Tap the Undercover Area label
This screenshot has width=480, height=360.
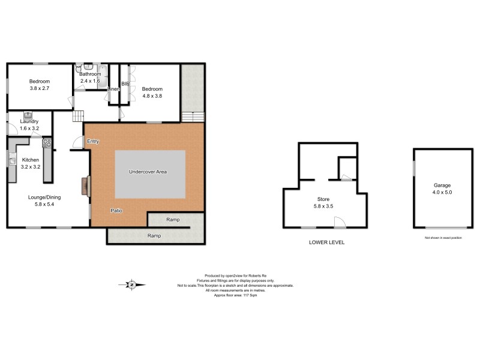148,172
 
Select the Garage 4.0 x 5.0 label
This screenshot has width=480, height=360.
442,189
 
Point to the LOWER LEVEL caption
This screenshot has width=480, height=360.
326,242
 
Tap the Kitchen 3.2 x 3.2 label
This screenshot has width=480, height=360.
31,163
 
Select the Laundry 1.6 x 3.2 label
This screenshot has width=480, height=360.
29,125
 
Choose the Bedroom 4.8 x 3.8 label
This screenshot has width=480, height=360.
152,92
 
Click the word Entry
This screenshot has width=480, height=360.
93,142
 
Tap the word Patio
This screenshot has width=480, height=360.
117,211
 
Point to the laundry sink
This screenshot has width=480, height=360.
28,114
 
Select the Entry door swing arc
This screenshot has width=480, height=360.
77,142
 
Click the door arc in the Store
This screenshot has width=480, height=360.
340,223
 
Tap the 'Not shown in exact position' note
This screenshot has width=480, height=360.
443,238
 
